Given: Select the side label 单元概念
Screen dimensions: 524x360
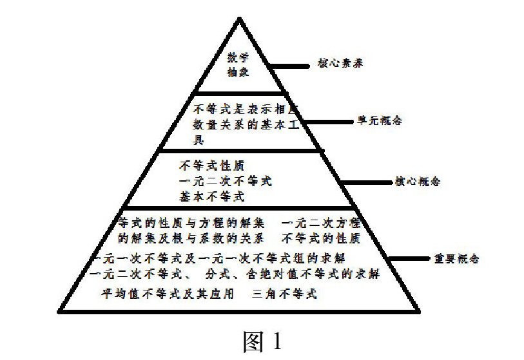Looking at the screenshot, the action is [380, 120].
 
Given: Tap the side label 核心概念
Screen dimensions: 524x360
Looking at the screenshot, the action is [417, 182].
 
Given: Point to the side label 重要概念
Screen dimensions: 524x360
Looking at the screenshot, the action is [455, 259].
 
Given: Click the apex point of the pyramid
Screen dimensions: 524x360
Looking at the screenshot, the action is [238, 14].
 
